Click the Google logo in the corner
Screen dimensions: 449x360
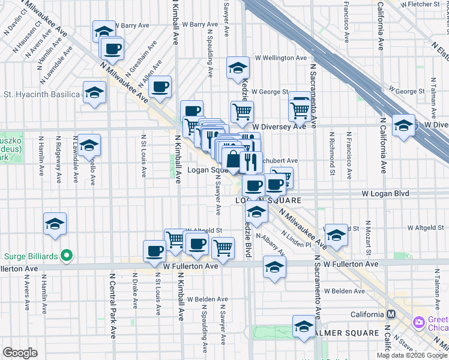click(x=20, y=353)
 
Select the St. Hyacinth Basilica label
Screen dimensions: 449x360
click(x=41, y=94)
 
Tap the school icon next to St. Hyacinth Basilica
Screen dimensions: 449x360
click(x=94, y=93)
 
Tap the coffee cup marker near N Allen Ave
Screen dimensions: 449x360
click(x=160, y=86)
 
